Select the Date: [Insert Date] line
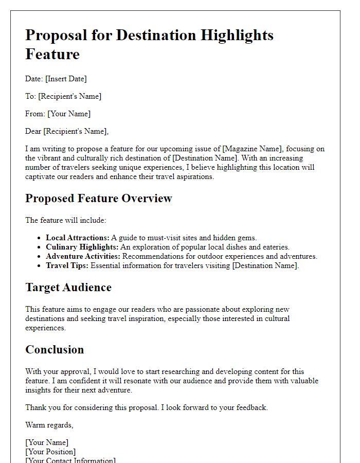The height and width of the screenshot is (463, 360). point(56,79)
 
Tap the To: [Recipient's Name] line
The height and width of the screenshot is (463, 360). point(63,96)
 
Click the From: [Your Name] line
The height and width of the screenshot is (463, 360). point(58,114)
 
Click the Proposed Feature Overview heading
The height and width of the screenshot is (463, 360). point(99,199)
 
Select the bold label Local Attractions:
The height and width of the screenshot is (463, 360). point(78,238)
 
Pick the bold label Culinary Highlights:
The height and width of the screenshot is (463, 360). point(82,247)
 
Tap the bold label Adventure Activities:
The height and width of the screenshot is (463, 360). point(83,256)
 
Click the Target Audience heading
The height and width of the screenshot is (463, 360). point(68,288)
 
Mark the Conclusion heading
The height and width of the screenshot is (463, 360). point(55,350)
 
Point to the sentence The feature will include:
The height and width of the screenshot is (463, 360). point(66,220)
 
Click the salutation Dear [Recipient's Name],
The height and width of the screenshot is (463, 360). point(67,131)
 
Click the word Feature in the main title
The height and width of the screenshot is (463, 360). point(52,54)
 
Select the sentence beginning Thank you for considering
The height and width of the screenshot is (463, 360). point(147,407)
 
